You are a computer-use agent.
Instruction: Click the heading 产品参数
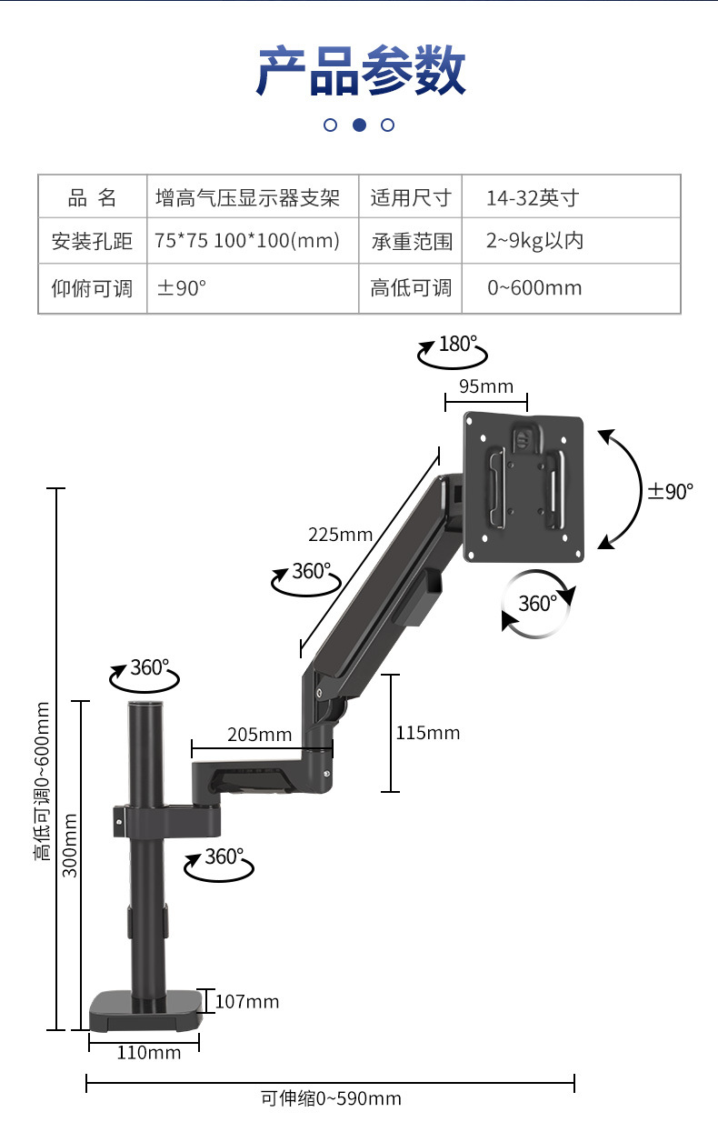[x=360, y=70]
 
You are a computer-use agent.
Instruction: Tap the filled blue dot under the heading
[x=359, y=125]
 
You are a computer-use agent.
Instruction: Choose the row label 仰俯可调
[x=92, y=288]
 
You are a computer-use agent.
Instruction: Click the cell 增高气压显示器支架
[x=247, y=197]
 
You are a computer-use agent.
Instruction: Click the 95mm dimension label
[x=486, y=386]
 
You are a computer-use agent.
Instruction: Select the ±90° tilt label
[x=671, y=491]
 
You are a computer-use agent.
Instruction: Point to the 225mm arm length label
[x=341, y=535]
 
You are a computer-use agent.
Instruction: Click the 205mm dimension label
[x=260, y=735]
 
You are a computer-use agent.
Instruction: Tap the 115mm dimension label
[x=428, y=733]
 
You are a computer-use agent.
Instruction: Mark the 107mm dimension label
[x=247, y=1002]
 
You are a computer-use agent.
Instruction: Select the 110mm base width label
[x=149, y=1053]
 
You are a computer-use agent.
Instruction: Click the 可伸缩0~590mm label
[x=331, y=1098]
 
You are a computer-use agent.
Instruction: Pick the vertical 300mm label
[x=70, y=845]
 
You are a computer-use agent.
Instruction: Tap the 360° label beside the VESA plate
[x=538, y=604]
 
